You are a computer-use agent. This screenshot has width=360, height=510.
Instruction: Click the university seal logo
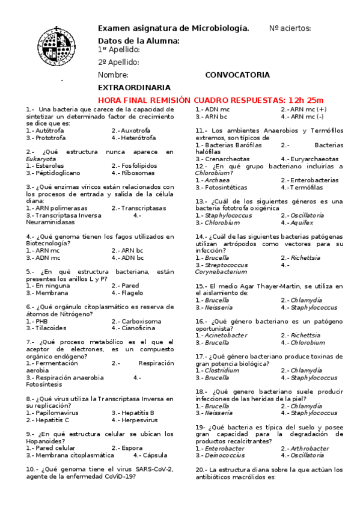point(58,45)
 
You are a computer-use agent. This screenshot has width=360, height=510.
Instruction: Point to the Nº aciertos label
point(290,28)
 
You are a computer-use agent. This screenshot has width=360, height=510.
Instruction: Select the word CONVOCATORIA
point(237,75)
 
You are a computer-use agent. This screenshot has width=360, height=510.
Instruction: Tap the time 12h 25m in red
point(306,99)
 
